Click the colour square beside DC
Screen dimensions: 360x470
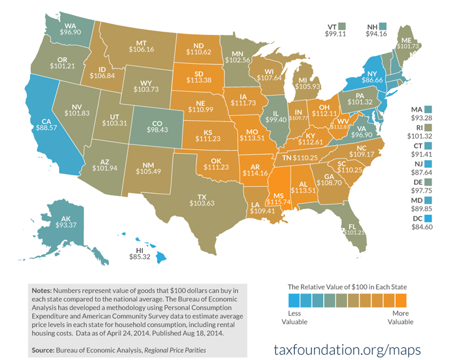(428, 219)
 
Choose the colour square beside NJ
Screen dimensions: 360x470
(428, 163)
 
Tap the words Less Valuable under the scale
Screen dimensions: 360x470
(294, 317)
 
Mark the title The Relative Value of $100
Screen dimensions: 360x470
(348, 286)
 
